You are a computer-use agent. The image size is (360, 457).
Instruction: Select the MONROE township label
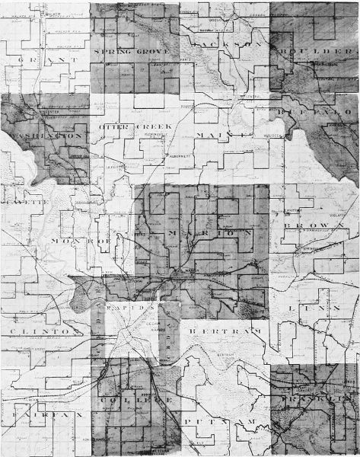coord(80,239)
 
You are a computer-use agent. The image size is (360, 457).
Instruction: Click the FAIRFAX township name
coord(41,417)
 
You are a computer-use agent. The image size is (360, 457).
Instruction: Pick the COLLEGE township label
coord(137,399)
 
